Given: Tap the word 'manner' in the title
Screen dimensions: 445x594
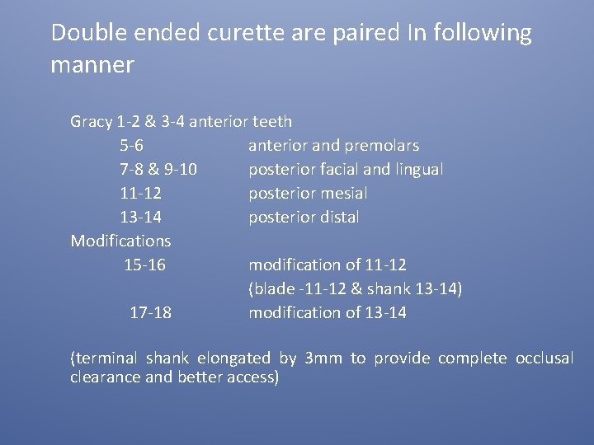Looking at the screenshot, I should tap(92, 64).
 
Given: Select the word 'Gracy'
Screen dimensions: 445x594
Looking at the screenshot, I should tap(92, 122).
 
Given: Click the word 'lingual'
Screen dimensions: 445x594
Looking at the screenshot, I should tap(418, 170).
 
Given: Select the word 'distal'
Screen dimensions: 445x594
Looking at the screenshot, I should tap(338, 218).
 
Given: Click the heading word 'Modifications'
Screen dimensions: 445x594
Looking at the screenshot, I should tap(120, 241).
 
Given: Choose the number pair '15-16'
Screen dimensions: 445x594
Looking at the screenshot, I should tap(144, 265).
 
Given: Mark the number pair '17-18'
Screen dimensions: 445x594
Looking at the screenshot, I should tap(151, 313).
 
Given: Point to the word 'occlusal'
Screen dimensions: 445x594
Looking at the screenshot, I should tap(544, 358).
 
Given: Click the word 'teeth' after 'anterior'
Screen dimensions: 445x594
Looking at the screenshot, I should tap(272, 122).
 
